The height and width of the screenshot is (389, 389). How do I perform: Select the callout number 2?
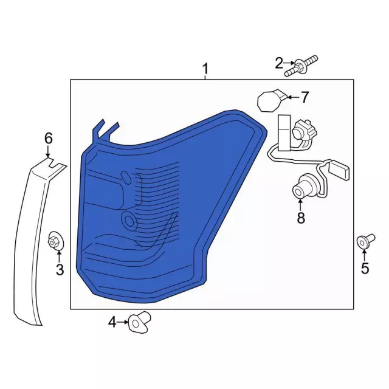click(279, 63)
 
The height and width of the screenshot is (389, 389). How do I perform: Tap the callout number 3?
click(60, 270)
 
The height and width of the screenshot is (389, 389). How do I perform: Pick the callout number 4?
click(112, 322)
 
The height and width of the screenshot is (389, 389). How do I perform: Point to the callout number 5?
click(365, 268)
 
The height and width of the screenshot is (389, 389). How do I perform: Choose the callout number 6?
click(49, 139)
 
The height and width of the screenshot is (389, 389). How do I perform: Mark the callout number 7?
click(305, 97)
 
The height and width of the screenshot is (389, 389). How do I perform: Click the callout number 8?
click(301, 218)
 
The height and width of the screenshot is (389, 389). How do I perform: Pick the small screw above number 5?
click(363, 241)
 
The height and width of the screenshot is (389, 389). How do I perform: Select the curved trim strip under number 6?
click(30, 243)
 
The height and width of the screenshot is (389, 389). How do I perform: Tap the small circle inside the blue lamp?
click(129, 219)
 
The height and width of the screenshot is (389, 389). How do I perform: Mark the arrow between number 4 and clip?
click(123, 322)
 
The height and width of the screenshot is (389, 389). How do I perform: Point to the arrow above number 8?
click(301, 204)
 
